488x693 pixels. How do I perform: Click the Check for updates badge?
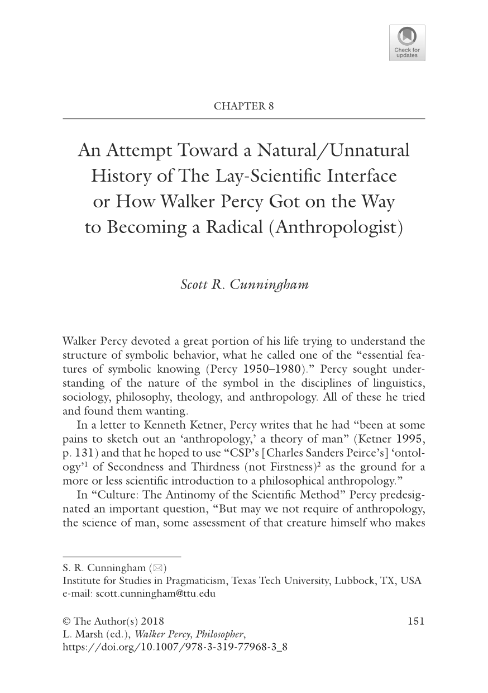(x=407, y=42)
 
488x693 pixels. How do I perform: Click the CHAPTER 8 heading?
(x=244, y=106)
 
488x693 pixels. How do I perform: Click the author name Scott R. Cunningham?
(x=244, y=284)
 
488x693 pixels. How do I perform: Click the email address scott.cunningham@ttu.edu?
(x=155, y=594)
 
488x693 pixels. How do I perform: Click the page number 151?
(x=416, y=621)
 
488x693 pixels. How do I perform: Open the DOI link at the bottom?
(x=175, y=647)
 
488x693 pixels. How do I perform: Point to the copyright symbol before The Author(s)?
(x=67, y=621)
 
